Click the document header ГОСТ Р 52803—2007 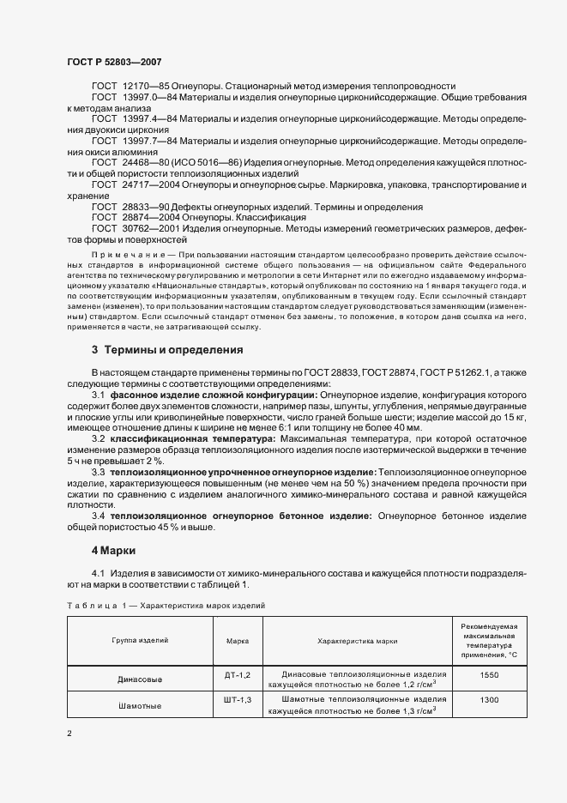pyautogui.click(x=114, y=62)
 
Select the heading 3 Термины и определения pyautogui.click(x=167, y=350)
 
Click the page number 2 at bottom pyautogui.click(x=69, y=734)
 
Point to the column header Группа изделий pyautogui.click(x=139, y=640)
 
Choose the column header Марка pyautogui.click(x=237, y=640)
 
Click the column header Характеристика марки pyautogui.click(x=357, y=640)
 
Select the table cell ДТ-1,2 pyautogui.click(x=237, y=674)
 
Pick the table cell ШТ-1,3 pyautogui.click(x=237, y=700)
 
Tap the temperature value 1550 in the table pyautogui.click(x=489, y=674)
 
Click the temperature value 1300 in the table pyautogui.click(x=489, y=700)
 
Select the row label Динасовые pyautogui.click(x=139, y=679)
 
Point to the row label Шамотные pyautogui.click(x=139, y=705)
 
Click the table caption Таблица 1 pyautogui.click(x=97, y=605)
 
